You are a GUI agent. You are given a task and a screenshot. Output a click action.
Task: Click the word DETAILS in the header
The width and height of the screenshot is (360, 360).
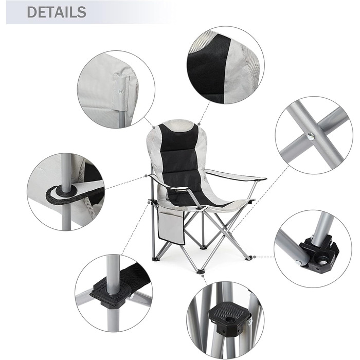57,12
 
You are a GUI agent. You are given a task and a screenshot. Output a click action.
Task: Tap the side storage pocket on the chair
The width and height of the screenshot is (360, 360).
171,227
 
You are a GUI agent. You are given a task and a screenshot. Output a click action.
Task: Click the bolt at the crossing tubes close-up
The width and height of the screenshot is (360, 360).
311,137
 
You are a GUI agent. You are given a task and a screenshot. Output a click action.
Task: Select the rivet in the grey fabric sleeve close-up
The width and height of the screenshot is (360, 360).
120,92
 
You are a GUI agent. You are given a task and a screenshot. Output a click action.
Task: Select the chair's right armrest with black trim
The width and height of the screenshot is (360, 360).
237,175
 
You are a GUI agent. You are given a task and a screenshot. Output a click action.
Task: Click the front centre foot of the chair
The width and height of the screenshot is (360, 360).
201,271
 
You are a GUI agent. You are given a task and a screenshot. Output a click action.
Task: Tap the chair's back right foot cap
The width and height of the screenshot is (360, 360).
249,258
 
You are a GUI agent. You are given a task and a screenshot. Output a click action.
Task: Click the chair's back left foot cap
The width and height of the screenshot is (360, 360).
156,259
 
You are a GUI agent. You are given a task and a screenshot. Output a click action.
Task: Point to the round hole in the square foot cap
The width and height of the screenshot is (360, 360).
229,320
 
